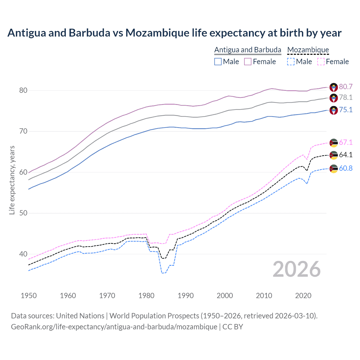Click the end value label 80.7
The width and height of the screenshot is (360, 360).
pyautogui.click(x=346, y=87)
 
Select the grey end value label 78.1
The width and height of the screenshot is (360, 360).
pyautogui.click(x=346, y=97)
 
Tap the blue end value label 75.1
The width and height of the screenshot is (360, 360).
pyautogui.click(x=346, y=110)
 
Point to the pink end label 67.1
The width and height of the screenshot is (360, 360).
pyautogui.click(x=346, y=142)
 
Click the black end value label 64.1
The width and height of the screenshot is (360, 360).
pyautogui.click(x=346, y=155)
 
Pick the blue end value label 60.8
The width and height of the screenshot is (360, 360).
pyautogui.click(x=346, y=168)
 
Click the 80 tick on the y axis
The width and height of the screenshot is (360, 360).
pyautogui.click(x=23, y=90)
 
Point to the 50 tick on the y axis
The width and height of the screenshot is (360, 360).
pyautogui.click(x=23, y=213)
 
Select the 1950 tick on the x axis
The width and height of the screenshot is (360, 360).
pyautogui.click(x=29, y=296)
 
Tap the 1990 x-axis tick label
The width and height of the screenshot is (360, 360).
pyautogui.click(x=186, y=296)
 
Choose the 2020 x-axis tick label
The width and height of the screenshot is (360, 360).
pyautogui.click(x=303, y=296)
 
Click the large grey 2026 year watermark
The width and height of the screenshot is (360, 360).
pyautogui.click(x=297, y=269)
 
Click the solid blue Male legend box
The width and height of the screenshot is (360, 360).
pyautogui.click(x=218, y=62)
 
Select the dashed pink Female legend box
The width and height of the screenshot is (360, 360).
pyautogui.click(x=321, y=62)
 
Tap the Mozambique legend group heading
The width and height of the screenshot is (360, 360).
pyautogui.click(x=308, y=50)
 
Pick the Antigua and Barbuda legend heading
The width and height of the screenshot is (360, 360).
pyautogui.click(x=248, y=50)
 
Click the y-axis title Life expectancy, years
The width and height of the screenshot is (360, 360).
pyautogui.click(x=12, y=180)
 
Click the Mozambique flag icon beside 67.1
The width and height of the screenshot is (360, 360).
pyautogui.click(x=334, y=143)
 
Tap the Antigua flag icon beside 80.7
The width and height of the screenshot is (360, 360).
pyautogui.click(x=334, y=87)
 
